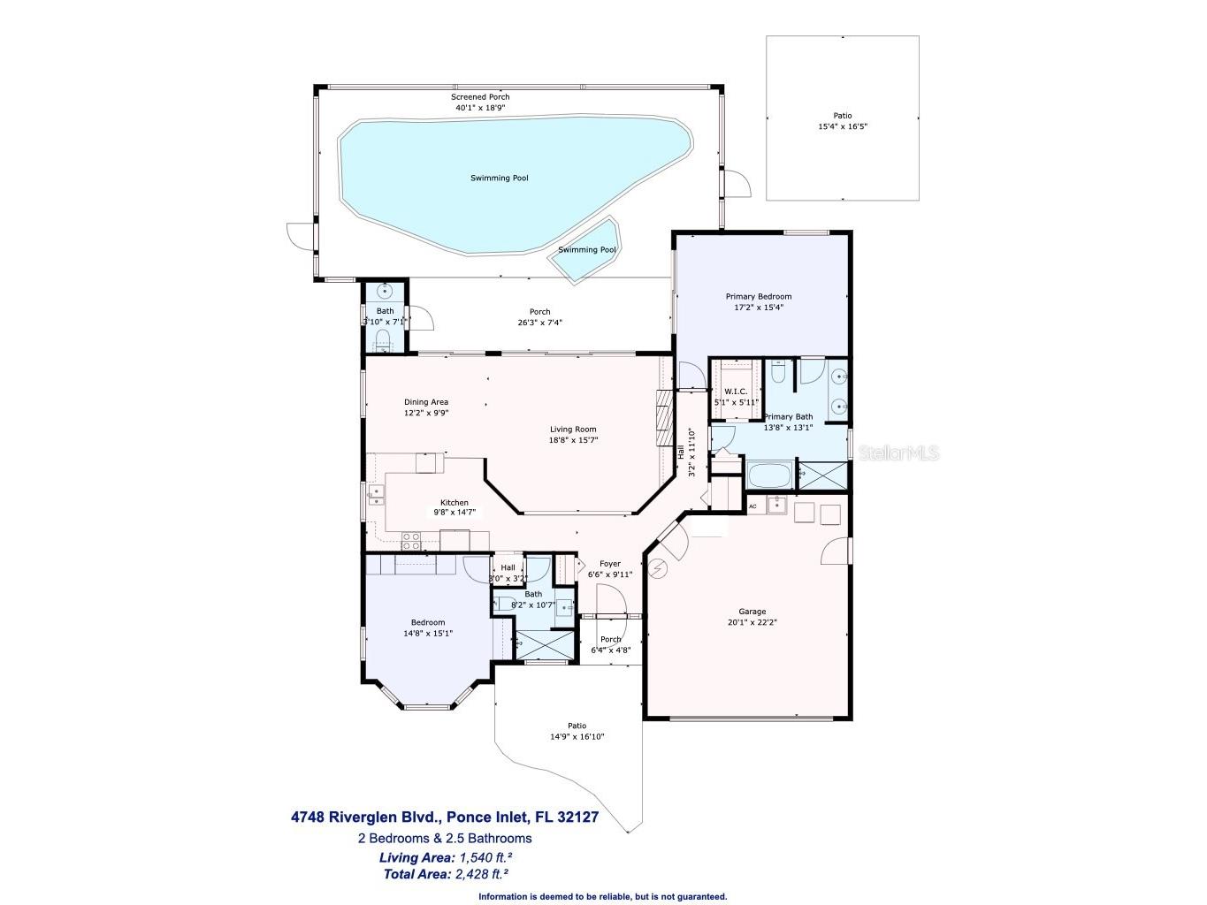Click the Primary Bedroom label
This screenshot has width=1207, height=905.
pyautogui.click(x=758, y=297)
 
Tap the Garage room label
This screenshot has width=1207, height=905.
pyautogui.click(x=752, y=612)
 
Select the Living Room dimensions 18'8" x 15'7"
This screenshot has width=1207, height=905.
pyautogui.click(x=572, y=440)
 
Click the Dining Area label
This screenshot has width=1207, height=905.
pyautogui.click(x=426, y=402)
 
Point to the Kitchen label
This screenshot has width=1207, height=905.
pyautogui.click(x=455, y=503)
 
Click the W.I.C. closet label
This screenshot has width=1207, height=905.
pyautogui.click(x=736, y=392)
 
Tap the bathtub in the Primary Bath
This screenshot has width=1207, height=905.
pyautogui.click(x=770, y=475)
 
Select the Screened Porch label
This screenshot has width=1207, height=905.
pyautogui.click(x=480, y=97)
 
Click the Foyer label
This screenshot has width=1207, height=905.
pyautogui.click(x=609, y=564)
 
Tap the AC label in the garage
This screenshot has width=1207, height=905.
pyautogui.click(x=752, y=507)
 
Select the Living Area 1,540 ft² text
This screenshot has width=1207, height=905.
pyautogui.click(x=446, y=857)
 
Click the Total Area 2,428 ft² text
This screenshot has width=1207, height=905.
pyautogui.click(x=446, y=874)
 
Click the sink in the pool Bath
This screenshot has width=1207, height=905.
pyautogui.click(x=386, y=290)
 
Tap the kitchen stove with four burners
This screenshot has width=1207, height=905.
pyautogui.click(x=411, y=536)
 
